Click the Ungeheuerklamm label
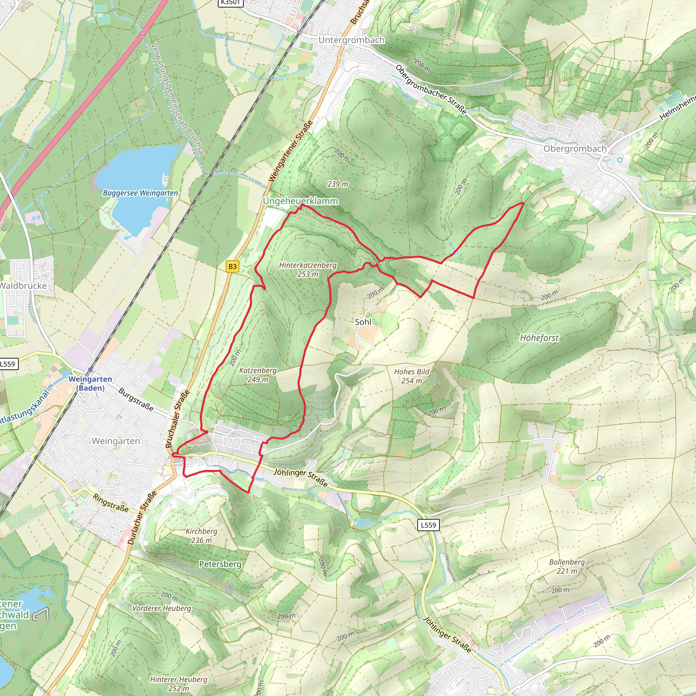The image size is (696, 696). pos(300,201)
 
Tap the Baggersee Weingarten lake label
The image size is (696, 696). pos(140,193)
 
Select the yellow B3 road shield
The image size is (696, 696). pos(232,266)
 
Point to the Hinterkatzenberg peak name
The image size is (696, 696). pos(308,265)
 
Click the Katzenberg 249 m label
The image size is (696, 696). pos(258,375)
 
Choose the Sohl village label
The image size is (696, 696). pos(363,322)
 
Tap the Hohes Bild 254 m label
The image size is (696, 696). pos(412,376)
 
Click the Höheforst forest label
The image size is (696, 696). pos(539,338)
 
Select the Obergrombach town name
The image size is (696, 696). pos(575,149)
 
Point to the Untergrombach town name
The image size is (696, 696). pos(352,40)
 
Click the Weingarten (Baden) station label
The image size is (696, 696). pos(90,383)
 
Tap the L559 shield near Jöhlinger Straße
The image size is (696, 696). pos(428,525)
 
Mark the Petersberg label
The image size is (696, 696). pos(220,564)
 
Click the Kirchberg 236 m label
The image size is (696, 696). pos(202,536)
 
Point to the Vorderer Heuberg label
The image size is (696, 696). pos(162,608)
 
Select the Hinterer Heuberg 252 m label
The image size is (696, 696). pos(179,683)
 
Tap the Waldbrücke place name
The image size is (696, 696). pos(23,286)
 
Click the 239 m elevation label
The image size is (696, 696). pos(337,184)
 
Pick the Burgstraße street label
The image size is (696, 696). pos(136,400)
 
